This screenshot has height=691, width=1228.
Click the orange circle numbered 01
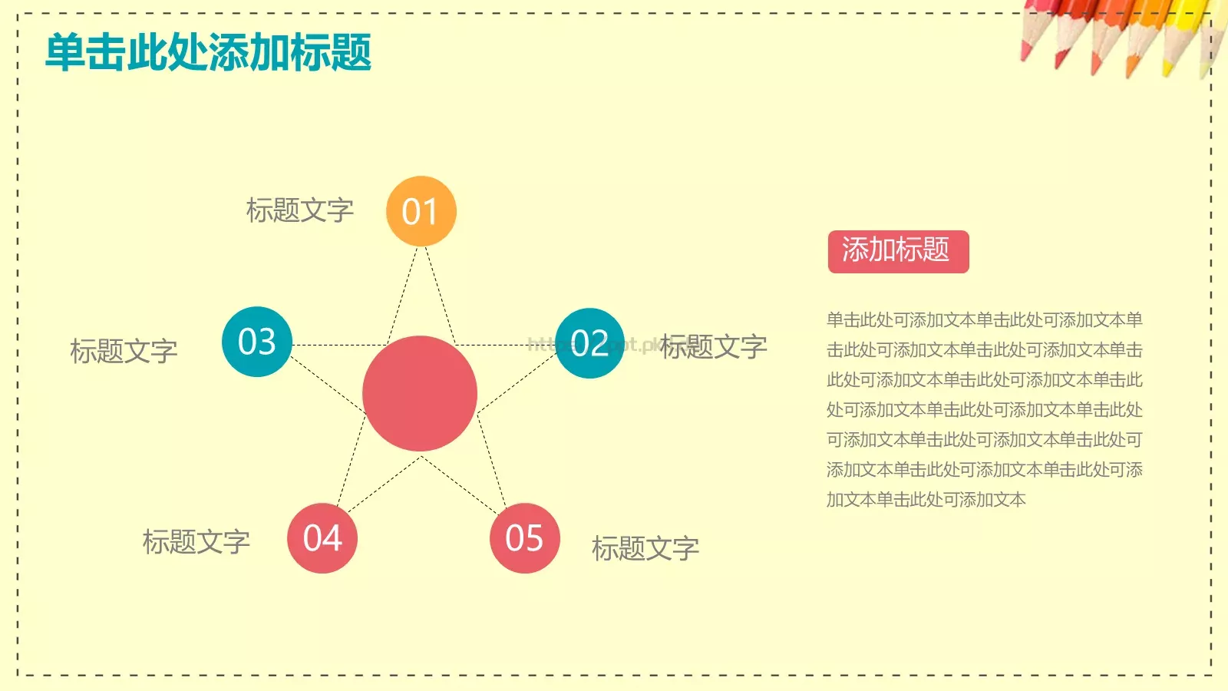point(421,211)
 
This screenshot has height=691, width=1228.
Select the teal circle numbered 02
point(589,343)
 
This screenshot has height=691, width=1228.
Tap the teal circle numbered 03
point(256,342)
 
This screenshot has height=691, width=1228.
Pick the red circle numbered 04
point(322,538)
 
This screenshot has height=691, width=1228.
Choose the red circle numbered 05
point(524,538)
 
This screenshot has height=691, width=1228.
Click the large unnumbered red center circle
point(420,393)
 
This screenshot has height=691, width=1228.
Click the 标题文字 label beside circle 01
point(299,210)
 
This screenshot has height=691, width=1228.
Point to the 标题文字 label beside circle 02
point(714,347)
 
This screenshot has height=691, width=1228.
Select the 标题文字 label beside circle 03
point(124,352)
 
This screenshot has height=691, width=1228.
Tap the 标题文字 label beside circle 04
point(196,542)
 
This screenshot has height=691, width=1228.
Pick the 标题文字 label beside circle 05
point(645,548)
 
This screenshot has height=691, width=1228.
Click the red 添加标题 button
point(898,251)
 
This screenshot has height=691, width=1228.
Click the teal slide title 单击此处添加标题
point(209,52)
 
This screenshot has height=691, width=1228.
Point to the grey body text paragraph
point(984,409)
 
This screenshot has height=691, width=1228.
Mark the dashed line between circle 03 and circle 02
point(338,345)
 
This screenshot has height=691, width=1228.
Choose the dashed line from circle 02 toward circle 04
point(384,484)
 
